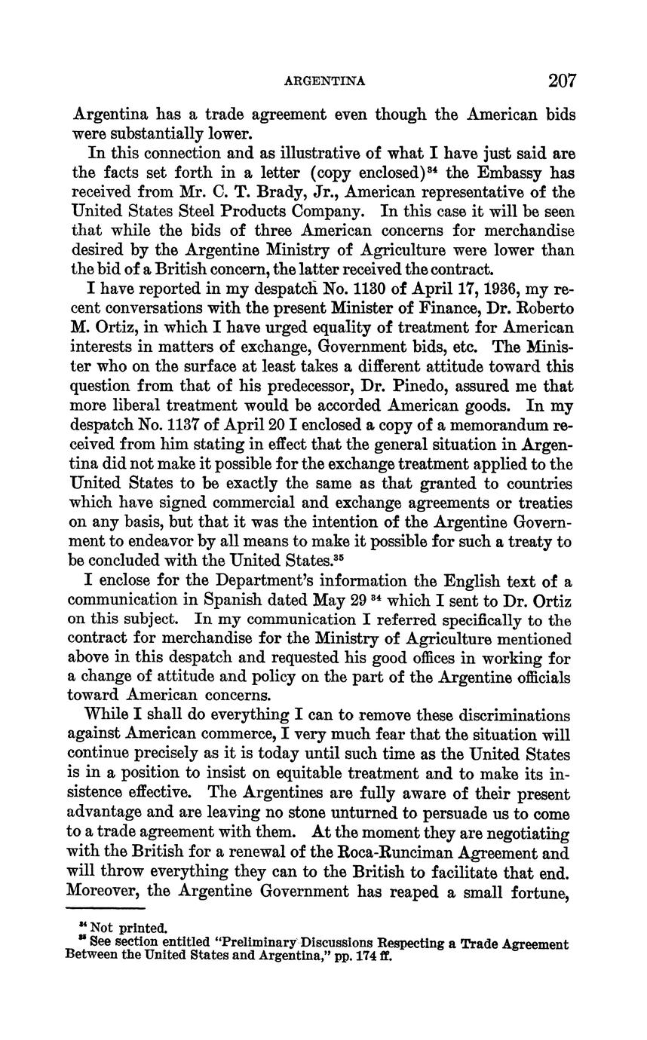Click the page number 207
[x=563, y=81]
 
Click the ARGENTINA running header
[x=325, y=81]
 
